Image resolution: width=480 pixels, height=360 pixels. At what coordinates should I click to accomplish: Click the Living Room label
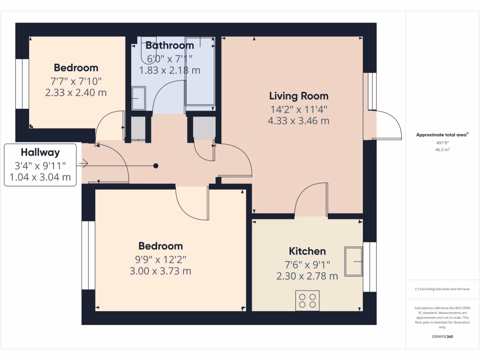pos(299,96)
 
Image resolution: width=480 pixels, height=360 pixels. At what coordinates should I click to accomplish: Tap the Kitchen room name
pos(307,251)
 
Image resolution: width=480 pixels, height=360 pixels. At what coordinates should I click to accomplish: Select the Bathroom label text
pos(169,45)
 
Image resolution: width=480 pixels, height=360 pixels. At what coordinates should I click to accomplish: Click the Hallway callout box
pos(40,165)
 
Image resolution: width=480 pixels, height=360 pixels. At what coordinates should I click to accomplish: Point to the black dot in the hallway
pos(156,165)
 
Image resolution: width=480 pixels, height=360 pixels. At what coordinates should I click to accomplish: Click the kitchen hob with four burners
pos(307,300)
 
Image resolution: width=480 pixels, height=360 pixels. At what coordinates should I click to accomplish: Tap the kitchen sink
pos(354,261)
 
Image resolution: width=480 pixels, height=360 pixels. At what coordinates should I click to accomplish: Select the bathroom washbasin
pos(138,99)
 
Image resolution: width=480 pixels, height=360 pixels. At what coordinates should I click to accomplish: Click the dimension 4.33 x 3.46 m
pos(298,120)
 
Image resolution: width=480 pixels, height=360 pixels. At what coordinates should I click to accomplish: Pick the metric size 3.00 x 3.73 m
pos(160,271)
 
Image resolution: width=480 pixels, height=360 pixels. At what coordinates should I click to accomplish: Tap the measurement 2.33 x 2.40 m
pos(76,92)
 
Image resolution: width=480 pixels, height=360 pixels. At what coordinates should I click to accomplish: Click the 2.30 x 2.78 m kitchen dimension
pos(307,276)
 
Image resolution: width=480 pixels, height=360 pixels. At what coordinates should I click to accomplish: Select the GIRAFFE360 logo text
pos(442,336)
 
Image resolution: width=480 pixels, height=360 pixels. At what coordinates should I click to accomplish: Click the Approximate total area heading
pos(442,135)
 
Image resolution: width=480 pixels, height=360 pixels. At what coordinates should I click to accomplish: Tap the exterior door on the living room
pos(387,125)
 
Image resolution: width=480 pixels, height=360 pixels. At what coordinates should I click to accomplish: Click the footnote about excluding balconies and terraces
pos(442,289)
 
